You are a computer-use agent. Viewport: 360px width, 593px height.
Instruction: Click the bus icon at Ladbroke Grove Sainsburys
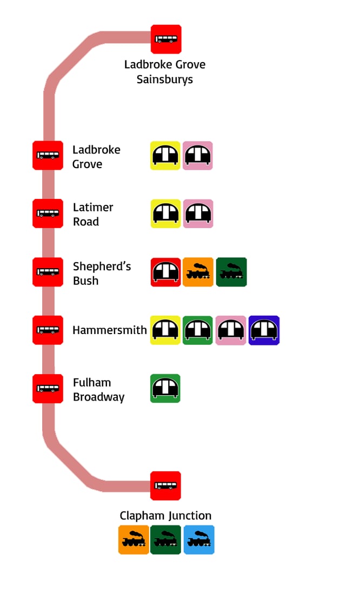[x=166, y=39]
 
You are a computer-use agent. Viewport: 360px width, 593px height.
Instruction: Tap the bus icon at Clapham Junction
[x=165, y=485]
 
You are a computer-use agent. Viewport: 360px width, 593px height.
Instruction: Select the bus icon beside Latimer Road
[x=48, y=214]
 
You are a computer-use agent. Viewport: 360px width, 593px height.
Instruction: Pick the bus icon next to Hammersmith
[x=48, y=330]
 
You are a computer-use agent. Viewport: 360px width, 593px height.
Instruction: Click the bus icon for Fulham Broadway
[x=48, y=388]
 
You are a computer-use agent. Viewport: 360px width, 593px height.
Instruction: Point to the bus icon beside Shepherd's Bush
[x=48, y=272]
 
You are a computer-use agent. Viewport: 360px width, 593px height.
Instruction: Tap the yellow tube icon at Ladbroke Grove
[x=165, y=156]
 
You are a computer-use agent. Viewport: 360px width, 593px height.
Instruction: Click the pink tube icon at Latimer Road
[x=198, y=214]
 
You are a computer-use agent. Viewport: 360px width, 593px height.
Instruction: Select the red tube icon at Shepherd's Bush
[x=165, y=272]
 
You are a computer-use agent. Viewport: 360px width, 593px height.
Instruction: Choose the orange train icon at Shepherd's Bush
[x=198, y=272]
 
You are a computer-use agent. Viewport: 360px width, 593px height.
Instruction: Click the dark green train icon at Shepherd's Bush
[x=231, y=272]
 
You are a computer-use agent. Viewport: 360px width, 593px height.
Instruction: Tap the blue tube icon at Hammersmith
[x=264, y=330]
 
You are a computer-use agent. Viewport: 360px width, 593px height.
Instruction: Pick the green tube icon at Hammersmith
[x=198, y=330]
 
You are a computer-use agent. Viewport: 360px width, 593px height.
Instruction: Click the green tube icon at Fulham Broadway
[x=165, y=388]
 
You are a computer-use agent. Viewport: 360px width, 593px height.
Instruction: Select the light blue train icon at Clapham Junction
[x=199, y=539]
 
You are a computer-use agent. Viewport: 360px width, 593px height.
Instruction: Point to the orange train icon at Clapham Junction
[x=134, y=539]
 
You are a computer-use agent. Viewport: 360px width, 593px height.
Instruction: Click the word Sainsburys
[x=165, y=79]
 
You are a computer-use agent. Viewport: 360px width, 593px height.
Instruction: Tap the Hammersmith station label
[x=110, y=330]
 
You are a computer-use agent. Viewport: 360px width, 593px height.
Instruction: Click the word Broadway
[x=98, y=397]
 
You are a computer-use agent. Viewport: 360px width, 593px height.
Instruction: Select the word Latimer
[x=93, y=207]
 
